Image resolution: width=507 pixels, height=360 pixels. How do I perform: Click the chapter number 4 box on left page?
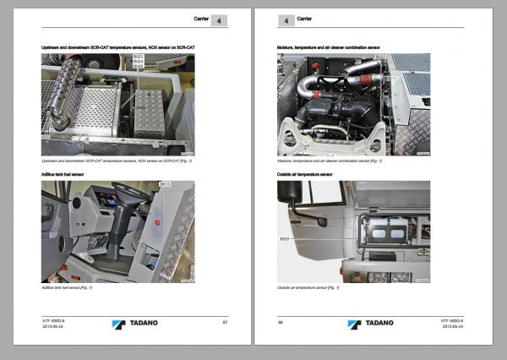pos(218,19)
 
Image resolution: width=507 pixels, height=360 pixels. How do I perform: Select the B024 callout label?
pos(138,62)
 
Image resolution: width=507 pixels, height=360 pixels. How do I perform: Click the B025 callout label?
pos(284,239)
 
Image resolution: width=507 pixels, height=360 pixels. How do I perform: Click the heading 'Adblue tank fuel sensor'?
pos(72,174)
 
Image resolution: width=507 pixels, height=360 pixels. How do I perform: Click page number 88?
pos(281,321)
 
